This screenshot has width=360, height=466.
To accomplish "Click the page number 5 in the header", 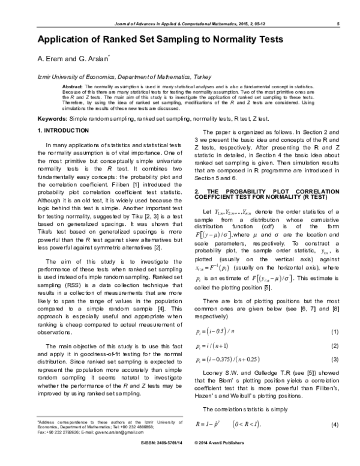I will click(339, 23).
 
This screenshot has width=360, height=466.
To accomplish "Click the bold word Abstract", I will click(72, 86).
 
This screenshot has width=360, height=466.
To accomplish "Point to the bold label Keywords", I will click(52, 119).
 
